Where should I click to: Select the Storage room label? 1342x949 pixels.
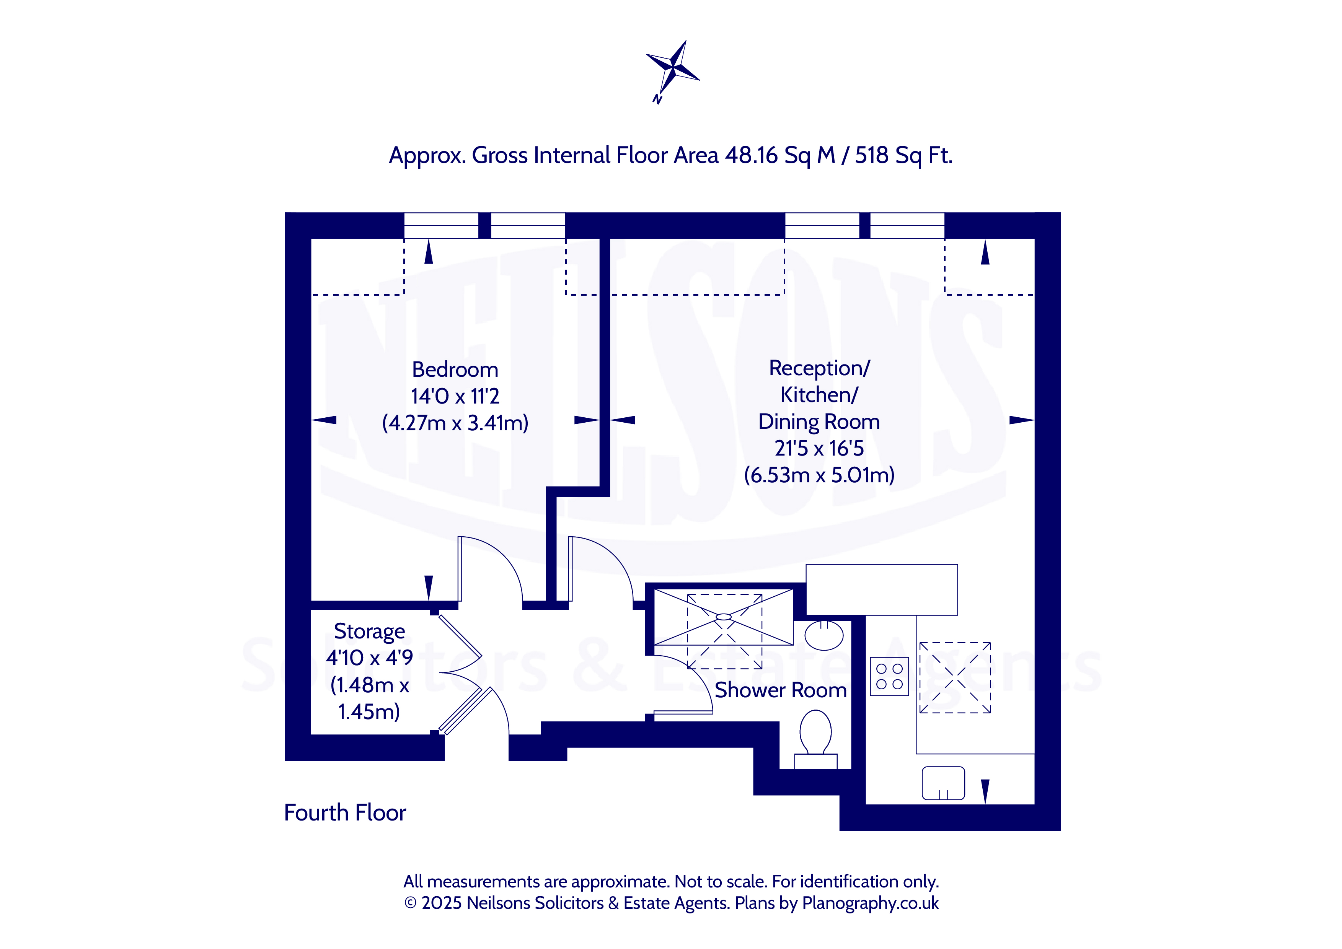(369, 632)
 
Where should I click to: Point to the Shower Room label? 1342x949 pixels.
(780, 690)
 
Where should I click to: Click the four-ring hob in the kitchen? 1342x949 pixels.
(889, 676)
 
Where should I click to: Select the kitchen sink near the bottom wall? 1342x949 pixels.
(943, 783)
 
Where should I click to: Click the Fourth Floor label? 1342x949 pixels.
(345, 813)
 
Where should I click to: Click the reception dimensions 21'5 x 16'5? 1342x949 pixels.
(819, 449)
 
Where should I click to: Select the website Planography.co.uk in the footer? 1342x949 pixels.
(870, 903)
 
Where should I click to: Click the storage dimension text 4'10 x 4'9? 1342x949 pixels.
(369, 658)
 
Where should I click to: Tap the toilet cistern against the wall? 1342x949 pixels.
(815, 762)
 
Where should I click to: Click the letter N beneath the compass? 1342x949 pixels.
(657, 99)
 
